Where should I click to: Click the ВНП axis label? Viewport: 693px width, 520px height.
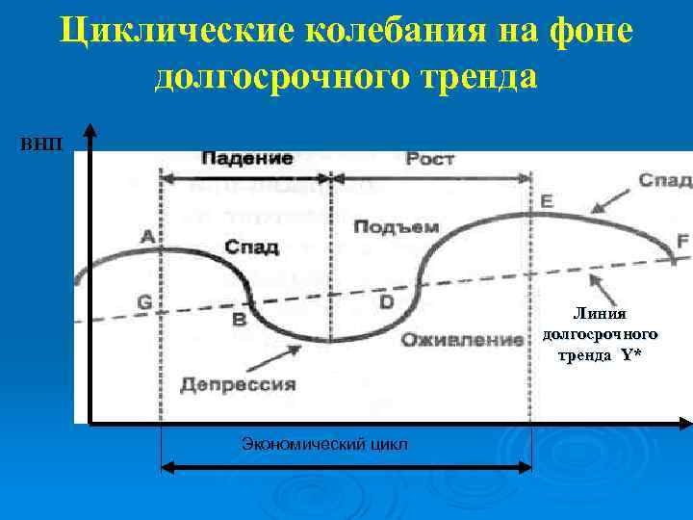(40, 144)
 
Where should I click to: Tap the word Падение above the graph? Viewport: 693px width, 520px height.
(247, 159)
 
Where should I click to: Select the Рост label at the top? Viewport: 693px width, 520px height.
(429, 159)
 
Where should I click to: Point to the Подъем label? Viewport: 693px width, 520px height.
(396, 227)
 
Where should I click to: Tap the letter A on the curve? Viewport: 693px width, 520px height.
(147, 236)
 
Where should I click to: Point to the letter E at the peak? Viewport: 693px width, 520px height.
(547, 201)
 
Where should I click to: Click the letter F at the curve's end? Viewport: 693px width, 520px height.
(682, 242)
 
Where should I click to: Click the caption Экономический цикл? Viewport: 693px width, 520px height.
(324, 444)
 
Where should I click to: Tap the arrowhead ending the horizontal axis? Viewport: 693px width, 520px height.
(685, 423)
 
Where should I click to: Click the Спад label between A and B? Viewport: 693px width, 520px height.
(251, 247)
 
